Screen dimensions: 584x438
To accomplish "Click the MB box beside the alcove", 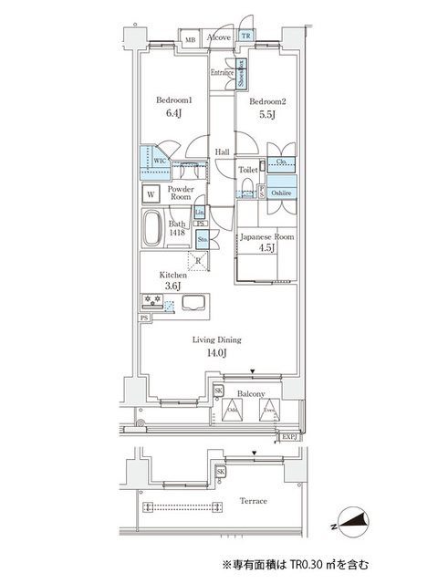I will (191, 40).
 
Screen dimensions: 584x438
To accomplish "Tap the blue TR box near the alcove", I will (245, 37).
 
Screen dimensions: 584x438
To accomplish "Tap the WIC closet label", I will (160, 159).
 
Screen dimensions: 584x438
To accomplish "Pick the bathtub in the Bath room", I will (152, 228).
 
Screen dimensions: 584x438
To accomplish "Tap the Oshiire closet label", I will (279, 193).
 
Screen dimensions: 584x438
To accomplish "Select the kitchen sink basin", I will (193, 305).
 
